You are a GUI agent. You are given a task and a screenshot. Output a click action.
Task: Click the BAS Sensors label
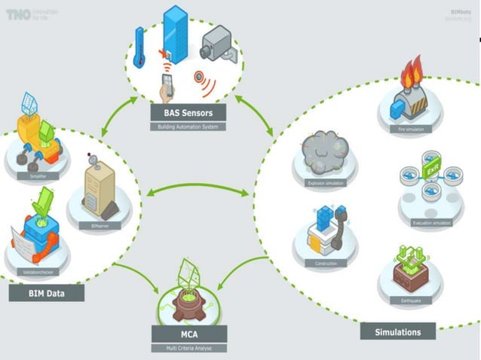[x=185, y=114]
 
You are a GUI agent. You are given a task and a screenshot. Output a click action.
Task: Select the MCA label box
[x=188, y=334]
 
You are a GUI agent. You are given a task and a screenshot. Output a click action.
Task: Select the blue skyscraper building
[x=176, y=33]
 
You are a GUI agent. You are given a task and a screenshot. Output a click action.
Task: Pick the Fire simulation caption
[x=409, y=130]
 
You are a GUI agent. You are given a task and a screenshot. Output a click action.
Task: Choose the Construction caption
[x=326, y=263]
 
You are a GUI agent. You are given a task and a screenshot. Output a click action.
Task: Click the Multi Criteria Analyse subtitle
[x=188, y=348]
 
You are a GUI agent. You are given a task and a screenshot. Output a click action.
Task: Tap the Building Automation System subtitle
[x=185, y=127]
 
